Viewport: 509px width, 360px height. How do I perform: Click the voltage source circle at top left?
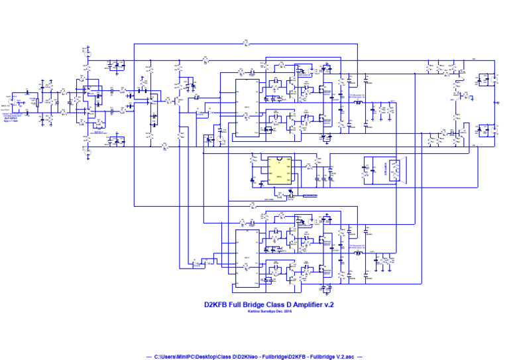[86, 52]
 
